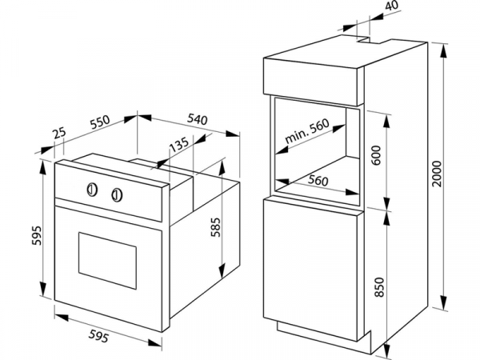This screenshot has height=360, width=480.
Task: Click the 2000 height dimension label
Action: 438,174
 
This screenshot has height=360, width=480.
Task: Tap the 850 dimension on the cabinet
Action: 379,287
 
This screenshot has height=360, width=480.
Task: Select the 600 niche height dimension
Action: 377,155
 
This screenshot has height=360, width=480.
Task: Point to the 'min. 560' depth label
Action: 307,131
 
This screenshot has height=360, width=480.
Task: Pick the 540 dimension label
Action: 198,119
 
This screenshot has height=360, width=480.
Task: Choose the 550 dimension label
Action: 100,122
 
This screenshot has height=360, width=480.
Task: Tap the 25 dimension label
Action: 59,134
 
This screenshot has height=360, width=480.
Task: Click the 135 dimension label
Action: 179,145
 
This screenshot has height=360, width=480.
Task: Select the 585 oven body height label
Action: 215,227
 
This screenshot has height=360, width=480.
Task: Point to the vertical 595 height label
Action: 37,235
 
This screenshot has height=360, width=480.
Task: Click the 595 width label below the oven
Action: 98,336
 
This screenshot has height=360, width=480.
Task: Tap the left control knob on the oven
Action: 92,190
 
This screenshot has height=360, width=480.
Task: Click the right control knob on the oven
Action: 117,195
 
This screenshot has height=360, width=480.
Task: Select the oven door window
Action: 107,261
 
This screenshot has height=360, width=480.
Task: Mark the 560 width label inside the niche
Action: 318,181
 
